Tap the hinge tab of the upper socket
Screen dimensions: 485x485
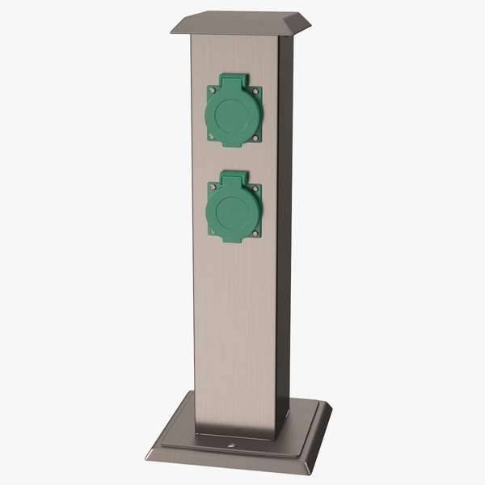(234, 80)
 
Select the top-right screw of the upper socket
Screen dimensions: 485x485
(257, 92)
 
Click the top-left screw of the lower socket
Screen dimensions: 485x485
(212, 187)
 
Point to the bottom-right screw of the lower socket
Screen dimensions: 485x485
(257, 234)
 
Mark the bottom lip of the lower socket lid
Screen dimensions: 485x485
(234, 241)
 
